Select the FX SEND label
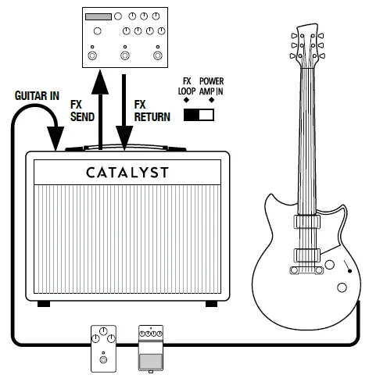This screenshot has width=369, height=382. tap(81, 112)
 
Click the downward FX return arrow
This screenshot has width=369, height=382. tap(124, 109)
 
